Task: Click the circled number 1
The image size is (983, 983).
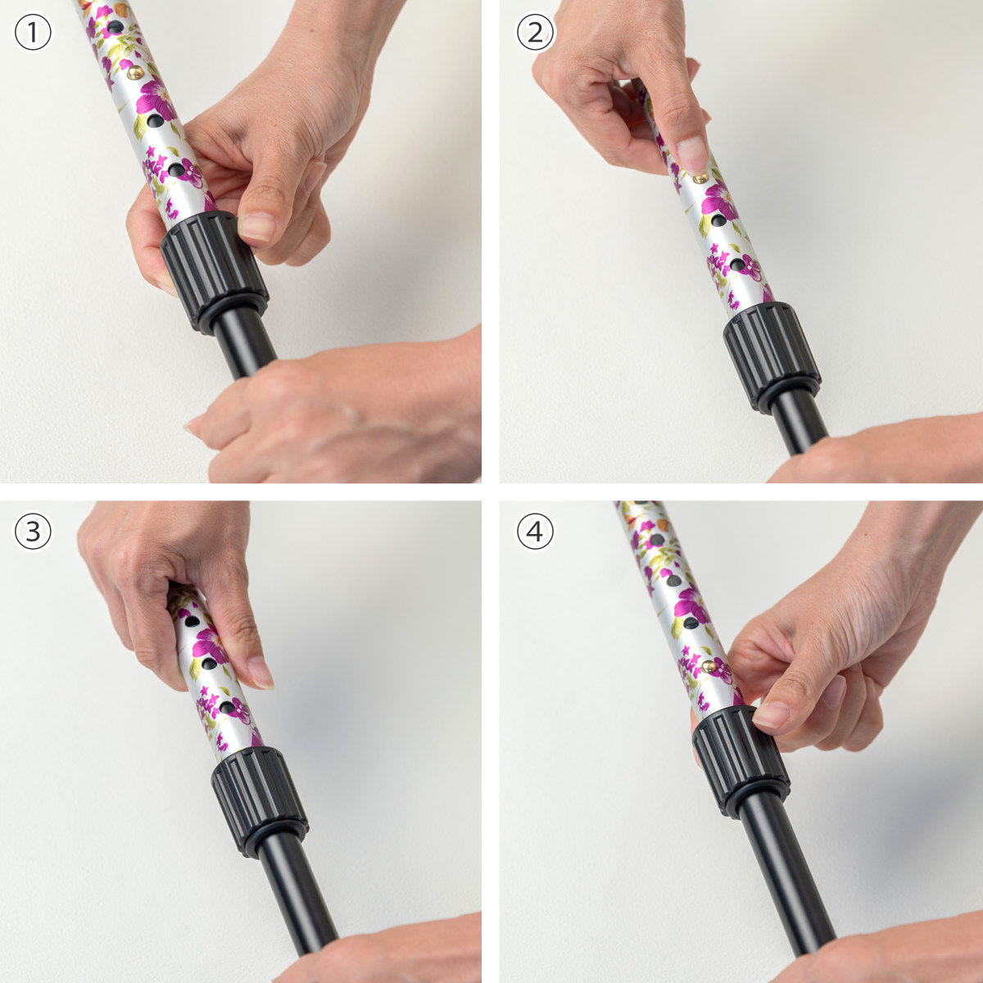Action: pos(33,33)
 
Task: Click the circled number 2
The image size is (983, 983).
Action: pos(535,33)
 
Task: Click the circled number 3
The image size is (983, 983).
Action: pos(33,532)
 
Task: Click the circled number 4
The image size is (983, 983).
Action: pos(535,532)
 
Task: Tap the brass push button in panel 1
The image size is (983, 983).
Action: pos(135,73)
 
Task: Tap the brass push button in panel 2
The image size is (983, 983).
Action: pos(700,178)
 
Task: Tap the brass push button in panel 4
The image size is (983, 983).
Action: pos(709,666)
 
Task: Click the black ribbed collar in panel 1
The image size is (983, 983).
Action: pos(215,273)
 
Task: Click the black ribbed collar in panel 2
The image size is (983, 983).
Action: pos(772,357)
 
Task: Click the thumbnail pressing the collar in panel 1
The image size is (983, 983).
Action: pos(256,226)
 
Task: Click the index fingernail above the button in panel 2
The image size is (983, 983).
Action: pos(692,155)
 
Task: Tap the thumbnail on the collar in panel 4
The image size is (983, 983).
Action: pos(772,714)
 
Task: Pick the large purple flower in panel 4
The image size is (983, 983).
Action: pos(691,608)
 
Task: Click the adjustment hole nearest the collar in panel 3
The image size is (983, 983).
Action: pos(228,708)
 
